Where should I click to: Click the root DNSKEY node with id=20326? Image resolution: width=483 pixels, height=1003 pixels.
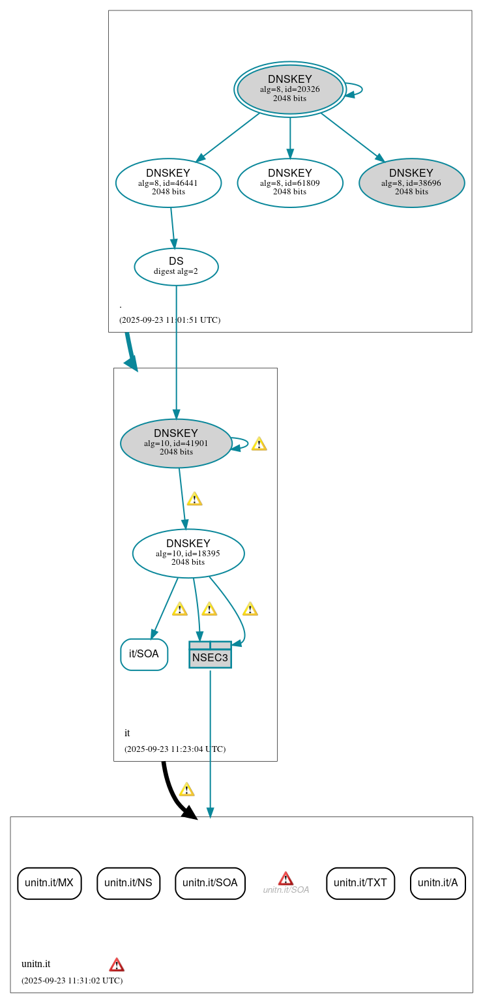290,89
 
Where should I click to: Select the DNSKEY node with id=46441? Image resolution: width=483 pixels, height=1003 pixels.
168,183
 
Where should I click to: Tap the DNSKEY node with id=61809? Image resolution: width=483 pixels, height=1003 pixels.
290,183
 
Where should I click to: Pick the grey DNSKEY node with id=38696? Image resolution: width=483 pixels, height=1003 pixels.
411,183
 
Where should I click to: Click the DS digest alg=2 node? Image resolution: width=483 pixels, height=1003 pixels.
176,266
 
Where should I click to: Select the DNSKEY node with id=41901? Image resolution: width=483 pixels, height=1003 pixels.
176,443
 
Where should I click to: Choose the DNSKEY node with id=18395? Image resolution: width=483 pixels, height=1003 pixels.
188,553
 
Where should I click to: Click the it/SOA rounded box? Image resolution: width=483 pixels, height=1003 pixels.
144,654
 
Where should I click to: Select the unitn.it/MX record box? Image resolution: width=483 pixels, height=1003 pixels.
50,883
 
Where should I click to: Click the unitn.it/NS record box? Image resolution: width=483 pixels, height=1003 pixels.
128,883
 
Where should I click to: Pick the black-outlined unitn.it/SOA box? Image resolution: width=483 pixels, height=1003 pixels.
210,883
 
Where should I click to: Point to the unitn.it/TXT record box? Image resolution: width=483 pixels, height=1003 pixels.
360,883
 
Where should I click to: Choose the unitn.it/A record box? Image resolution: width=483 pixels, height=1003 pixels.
438,883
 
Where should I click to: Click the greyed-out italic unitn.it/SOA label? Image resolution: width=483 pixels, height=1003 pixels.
285,890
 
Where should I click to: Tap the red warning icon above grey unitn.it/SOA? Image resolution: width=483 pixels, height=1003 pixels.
285,878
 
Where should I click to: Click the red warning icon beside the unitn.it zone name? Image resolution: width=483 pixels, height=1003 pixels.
117,965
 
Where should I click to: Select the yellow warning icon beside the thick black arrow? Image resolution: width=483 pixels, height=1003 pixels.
186,790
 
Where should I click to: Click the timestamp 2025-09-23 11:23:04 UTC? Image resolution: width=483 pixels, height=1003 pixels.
175,749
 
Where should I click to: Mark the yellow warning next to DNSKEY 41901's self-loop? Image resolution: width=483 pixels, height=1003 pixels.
259,444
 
